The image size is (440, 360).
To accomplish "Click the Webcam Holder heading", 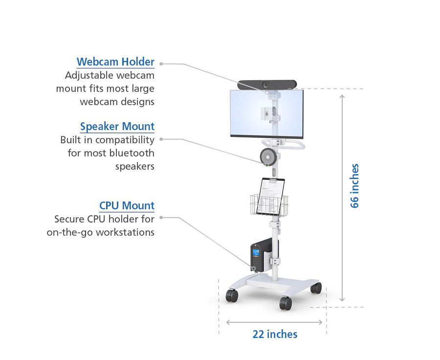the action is tap(115, 62).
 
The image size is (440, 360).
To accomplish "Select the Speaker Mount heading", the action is tap(117, 126).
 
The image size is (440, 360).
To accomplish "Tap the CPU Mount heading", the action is tap(127, 205).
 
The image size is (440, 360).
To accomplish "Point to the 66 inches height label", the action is tap(355, 185).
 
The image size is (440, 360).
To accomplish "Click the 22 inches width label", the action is tap(275, 334).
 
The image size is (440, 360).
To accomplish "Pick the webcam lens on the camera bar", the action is tap(265, 85).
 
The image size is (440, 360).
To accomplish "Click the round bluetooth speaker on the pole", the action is tap(268, 157).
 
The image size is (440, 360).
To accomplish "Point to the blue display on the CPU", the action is tap(256, 252).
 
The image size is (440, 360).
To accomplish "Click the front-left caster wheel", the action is tap(232, 296).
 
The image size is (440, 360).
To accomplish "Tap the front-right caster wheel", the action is tap(286, 303).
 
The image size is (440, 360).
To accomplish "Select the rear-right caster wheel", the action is tap(316, 288).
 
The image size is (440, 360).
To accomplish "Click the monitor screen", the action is tap(266, 113).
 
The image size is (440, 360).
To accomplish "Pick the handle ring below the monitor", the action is tap(284, 144).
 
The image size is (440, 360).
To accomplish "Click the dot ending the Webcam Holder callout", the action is tap(161, 64).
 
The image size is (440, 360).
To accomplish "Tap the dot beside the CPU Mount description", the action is tap(161, 217).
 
